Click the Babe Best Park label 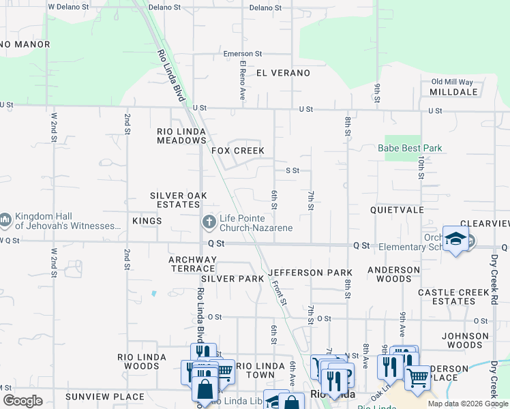(410, 148)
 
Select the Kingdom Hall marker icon (5, 220)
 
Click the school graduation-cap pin (455, 239)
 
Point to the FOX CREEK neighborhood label (237, 151)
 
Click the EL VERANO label (283, 73)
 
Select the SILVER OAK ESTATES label (178, 200)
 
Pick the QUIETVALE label (397, 211)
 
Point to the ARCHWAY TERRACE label (193, 264)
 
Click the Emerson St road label (243, 54)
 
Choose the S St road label (292, 170)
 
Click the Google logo (23, 401)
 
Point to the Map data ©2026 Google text (467, 404)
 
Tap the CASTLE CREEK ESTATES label (455, 297)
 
